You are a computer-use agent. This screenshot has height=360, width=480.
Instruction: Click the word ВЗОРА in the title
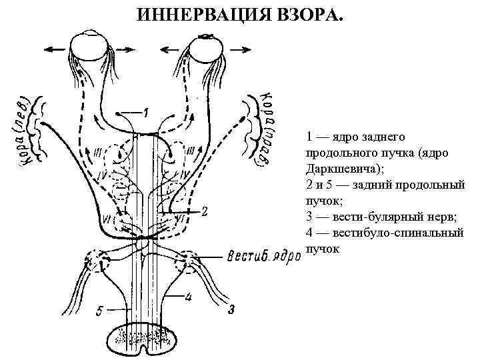(310, 15)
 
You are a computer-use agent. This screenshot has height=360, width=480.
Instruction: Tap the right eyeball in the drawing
(206, 47)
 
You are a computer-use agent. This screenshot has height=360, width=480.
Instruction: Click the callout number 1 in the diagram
(146, 112)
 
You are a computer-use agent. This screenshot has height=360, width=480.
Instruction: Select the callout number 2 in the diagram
(205, 212)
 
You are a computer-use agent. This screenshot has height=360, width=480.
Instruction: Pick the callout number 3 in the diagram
(231, 309)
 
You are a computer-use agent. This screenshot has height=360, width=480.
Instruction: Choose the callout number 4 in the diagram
(189, 298)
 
